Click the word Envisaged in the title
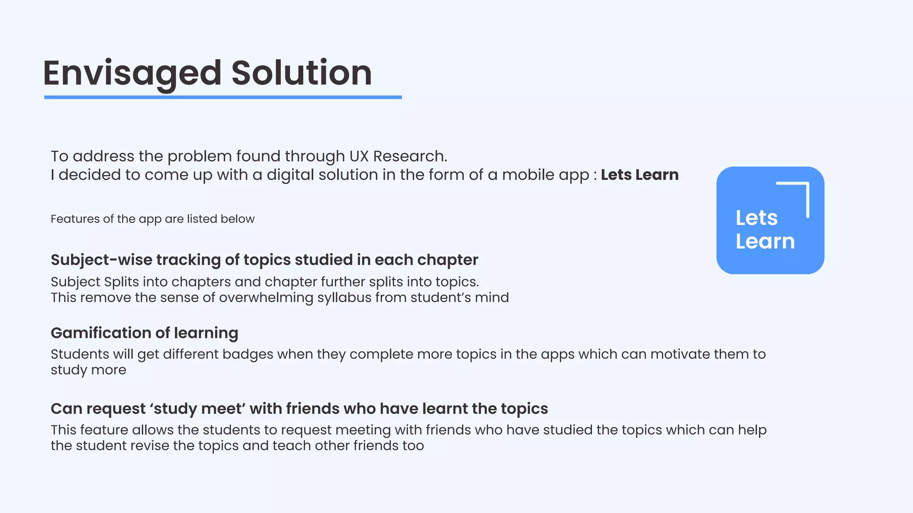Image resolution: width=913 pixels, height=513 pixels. pos(132,73)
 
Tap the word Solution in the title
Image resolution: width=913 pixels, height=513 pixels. pos(301,73)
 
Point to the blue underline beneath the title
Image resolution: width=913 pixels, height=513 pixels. pos(223,97)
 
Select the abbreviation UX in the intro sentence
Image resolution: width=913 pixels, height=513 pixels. pos(359,156)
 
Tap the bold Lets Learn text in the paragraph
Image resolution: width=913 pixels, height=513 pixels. pos(639,175)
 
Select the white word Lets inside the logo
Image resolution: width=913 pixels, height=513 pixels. pos(757,218)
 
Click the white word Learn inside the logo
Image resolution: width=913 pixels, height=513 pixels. pos(765,241)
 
